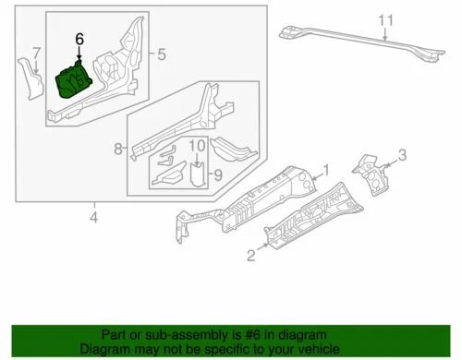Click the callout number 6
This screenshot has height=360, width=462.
click(x=79, y=39)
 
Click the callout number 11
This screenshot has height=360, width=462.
click(x=387, y=18)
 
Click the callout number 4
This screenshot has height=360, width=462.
click(x=93, y=218)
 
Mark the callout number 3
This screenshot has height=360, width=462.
click(x=402, y=154)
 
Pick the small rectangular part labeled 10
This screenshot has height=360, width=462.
click(x=197, y=174)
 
